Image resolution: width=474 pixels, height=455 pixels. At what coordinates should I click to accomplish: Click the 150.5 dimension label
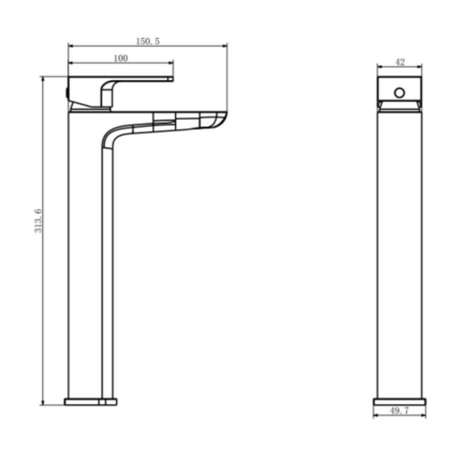pyautogui.click(x=148, y=41)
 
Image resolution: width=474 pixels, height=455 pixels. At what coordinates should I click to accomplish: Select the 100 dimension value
pyautogui.click(x=121, y=58)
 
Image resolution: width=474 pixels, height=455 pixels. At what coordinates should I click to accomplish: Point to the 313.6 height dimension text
pyautogui.click(x=38, y=220)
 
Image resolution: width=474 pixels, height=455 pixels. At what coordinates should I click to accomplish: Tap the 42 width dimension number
pyautogui.click(x=400, y=62)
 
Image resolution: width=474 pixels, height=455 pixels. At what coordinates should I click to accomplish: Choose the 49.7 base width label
pyautogui.click(x=399, y=410)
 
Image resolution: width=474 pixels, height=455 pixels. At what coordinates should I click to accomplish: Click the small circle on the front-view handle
pyautogui.click(x=399, y=93)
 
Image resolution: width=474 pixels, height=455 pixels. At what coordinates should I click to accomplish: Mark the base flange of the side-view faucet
pyautogui.click(x=399, y=401)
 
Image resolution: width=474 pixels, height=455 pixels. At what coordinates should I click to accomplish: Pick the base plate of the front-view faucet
pyautogui.click(x=90, y=401)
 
